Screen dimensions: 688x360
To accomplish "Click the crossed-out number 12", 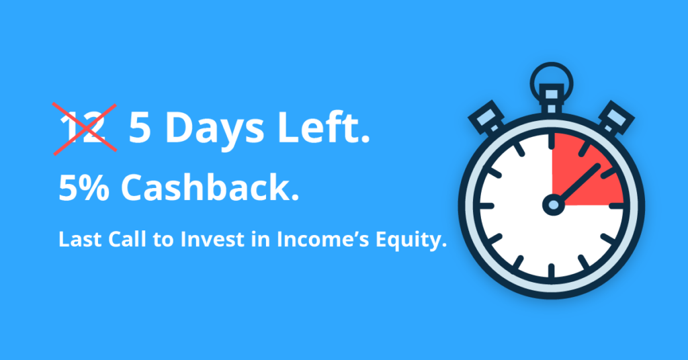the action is (x=83, y=128).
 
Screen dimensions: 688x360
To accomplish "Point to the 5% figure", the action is (x=84, y=187).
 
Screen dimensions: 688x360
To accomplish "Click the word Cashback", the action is (x=210, y=187).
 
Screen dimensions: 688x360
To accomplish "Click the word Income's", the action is (x=323, y=239).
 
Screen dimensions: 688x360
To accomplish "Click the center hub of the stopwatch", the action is (x=553, y=205).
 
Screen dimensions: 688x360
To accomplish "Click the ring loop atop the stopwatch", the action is (x=552, y=78).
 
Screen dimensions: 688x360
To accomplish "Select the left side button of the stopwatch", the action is (x=487, y=118).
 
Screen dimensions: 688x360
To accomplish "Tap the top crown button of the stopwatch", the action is (x=552, y=99).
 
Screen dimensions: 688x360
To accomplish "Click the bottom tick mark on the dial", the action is (x=552, y=270).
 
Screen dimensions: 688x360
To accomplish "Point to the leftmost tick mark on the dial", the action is (x=487, y=206).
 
